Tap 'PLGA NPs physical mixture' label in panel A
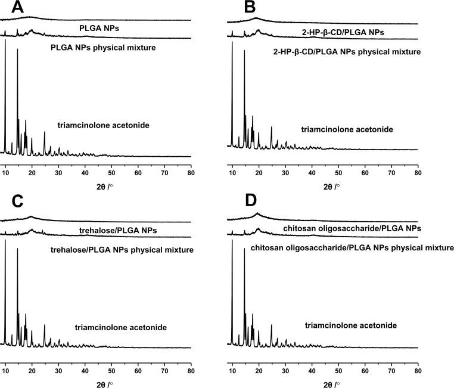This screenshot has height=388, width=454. (x=103, y=47)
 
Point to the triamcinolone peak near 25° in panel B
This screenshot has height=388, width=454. (x=272, y=128)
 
